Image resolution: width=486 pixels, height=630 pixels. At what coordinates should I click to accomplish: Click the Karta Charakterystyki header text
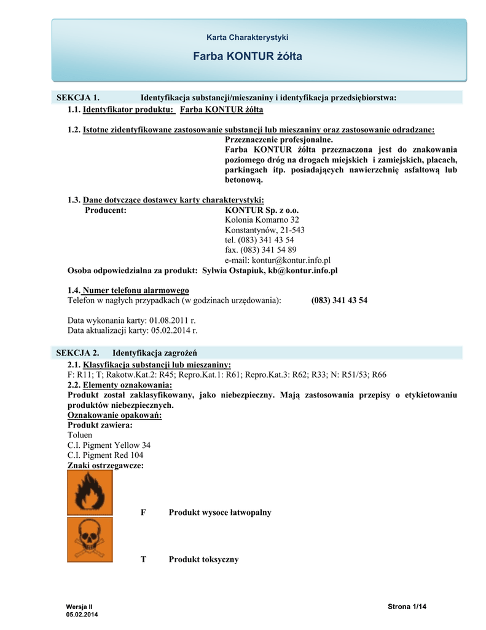[x=247, y=38]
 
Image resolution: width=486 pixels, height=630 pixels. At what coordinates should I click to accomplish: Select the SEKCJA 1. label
[x=78, y=98]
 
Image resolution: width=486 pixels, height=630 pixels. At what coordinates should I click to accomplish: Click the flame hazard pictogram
[x=90, y=492]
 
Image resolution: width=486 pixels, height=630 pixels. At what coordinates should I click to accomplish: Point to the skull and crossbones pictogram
[x=90, y=540]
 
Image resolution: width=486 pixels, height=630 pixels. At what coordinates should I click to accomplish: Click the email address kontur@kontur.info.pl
[x=278, y=260]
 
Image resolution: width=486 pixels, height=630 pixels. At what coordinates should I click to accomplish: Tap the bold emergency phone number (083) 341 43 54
[x=339, y=300]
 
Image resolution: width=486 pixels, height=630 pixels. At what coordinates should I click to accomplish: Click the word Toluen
[x=80, y=435]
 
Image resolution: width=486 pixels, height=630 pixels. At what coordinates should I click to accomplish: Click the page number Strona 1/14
[x=407, y=607]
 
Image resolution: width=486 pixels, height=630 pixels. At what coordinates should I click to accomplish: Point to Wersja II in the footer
[x=78, y=607]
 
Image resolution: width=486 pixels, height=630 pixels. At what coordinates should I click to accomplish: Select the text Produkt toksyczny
[x=203, y=559]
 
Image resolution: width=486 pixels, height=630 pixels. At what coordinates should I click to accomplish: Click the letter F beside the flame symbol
[x=144, y=512]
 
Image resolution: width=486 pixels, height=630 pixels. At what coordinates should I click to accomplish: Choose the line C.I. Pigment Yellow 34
[x=109, y=445]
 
